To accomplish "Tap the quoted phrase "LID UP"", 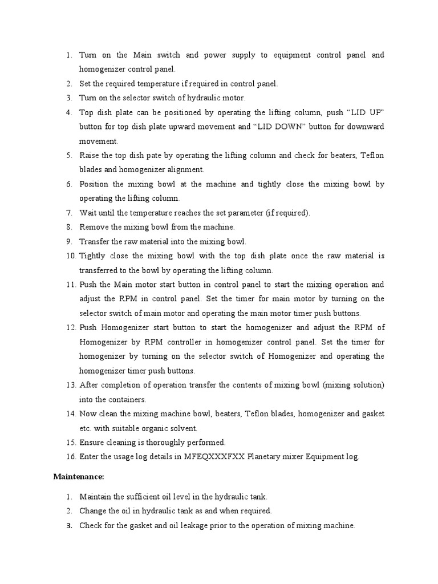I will [367, 112].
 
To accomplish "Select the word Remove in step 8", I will [93, 227].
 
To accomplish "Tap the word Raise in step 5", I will [90, 155].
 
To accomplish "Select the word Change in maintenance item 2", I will [92, 511].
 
